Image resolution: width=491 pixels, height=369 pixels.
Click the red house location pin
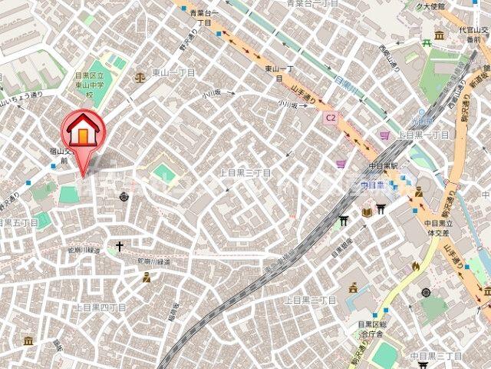pos(83,131)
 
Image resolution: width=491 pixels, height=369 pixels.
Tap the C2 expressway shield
pos(330,118)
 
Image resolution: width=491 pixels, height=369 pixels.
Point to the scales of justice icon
pos(140,77)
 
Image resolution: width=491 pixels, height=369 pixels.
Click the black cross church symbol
pos(119,247)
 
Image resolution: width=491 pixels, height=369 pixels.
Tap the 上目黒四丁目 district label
pos(100,307)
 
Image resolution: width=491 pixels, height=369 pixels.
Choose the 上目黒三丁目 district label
pos(245,173)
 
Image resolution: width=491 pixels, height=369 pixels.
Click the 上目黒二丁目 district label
pos(311,299)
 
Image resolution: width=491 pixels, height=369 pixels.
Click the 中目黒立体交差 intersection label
pos(440,228)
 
